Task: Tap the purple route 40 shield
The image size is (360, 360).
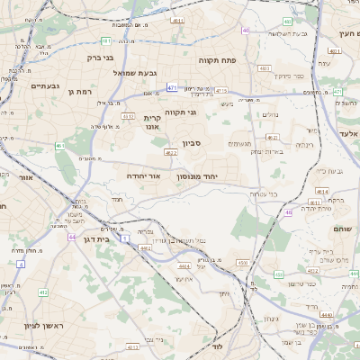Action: pos(246,31)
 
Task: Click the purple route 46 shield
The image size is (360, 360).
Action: pos(288,212)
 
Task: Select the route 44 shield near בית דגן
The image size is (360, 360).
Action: pos(71,238)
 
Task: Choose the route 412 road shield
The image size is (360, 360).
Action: pos(43,292)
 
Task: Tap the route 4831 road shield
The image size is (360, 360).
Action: pos(265,67)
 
